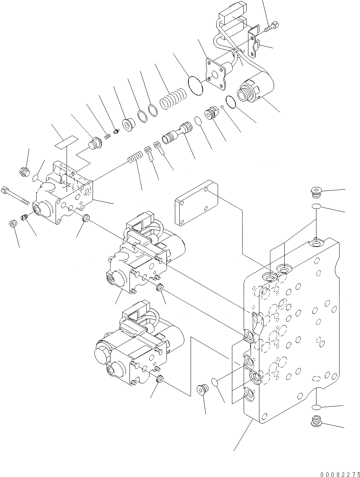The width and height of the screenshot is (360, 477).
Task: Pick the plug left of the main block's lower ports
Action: point(202,389)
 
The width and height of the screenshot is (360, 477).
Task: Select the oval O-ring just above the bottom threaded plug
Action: point(316,407)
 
